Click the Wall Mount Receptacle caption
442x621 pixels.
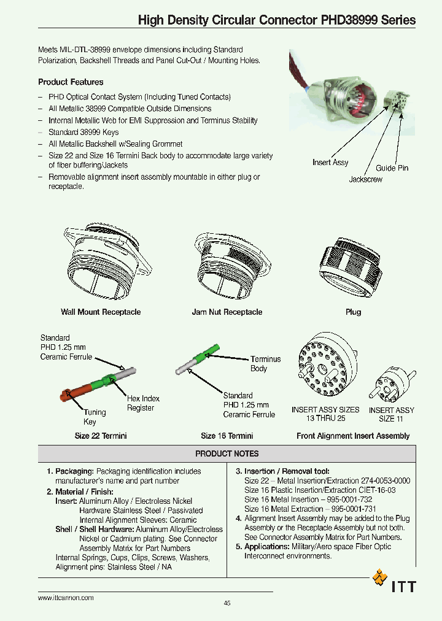pos(101,312)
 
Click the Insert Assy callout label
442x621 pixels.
pos(330,163)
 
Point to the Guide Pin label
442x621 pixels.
pos(392,168)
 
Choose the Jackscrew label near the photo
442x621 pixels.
pos(366,180)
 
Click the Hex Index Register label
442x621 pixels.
pos(143,403)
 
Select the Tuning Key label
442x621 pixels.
pos(95,417)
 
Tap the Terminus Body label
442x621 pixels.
pos(265,364)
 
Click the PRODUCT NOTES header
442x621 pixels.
pos(227,454)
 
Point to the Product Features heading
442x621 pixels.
pos(71,82)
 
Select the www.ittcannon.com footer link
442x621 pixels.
pos(66,598)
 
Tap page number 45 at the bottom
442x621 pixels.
pos(227,604)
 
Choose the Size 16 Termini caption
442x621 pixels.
pos(227,436)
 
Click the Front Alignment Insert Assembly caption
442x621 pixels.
pos(353,436)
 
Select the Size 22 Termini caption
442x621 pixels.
pos(101,436)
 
